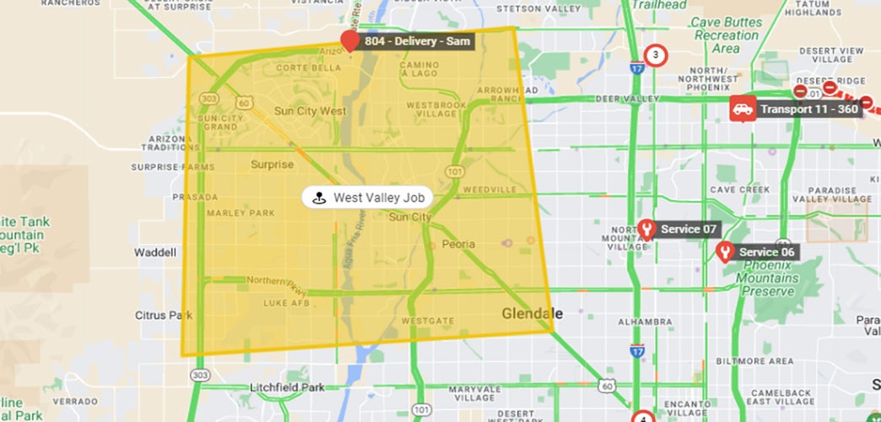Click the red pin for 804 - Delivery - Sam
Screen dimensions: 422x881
pyautogui.click(x=349, y=41)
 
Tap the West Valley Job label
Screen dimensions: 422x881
pyautogui.click(x=368, y=197)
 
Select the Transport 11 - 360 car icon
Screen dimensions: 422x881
pyautogui.click(x=743, y=109)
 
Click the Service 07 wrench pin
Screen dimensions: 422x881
pyautogui.click(x=646, y=229)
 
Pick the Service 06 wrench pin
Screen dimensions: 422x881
pyautogui.click(x=724, y=252)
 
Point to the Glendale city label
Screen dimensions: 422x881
pyautogui.click(x=532, y=313)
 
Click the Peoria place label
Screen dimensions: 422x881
pyautogui.click(x=458, y=244)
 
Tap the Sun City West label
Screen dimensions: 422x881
pyautogui.click(x=310, y=111)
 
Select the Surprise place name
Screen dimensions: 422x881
pyautogui.click(x=272, y=165)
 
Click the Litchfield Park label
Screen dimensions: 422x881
pyautogui.click(x=287, y=387)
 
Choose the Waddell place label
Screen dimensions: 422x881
pyautogui.click(x=155, y=252)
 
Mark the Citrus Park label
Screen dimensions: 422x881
pyautogui.click(x=164, y=315)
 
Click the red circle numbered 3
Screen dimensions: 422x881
pyautogui.click(x=655, y=57)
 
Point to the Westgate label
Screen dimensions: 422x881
pyautogui.click(x=422, y=322)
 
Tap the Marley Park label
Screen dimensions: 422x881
pyautogui.click(x=241, y=213)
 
